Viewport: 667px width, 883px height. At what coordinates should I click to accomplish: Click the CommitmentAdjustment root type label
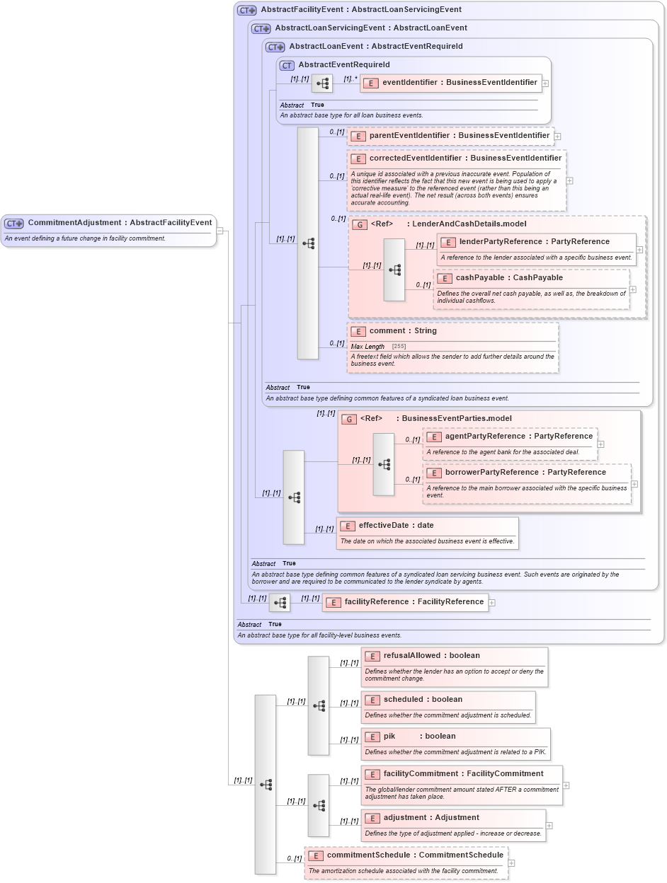click(x=119, y=223)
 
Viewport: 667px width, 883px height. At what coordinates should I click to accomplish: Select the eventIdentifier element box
click(x=459, y=83)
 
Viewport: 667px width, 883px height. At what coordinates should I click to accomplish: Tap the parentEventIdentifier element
click(x=459, y=135)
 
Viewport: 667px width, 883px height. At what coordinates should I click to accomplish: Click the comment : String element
click(x=402, y=331)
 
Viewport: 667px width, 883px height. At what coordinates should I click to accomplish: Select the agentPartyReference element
click(x=518, y=437)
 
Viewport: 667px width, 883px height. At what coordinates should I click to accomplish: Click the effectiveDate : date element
click(x=396, y=526)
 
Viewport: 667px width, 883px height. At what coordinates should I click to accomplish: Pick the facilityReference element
click(x=414, y=602)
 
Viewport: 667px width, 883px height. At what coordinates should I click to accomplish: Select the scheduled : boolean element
click(x=423, y=700)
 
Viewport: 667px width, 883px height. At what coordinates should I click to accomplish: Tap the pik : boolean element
click(x=419, y=737)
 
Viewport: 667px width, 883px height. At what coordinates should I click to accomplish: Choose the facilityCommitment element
click(x=463, y=774)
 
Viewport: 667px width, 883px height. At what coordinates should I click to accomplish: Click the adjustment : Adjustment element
click(x=431, y=818)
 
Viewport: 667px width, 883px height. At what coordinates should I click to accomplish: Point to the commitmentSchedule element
click(x=414, y=855)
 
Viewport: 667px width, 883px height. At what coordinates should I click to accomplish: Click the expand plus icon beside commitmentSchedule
click(x=512, y=863)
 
